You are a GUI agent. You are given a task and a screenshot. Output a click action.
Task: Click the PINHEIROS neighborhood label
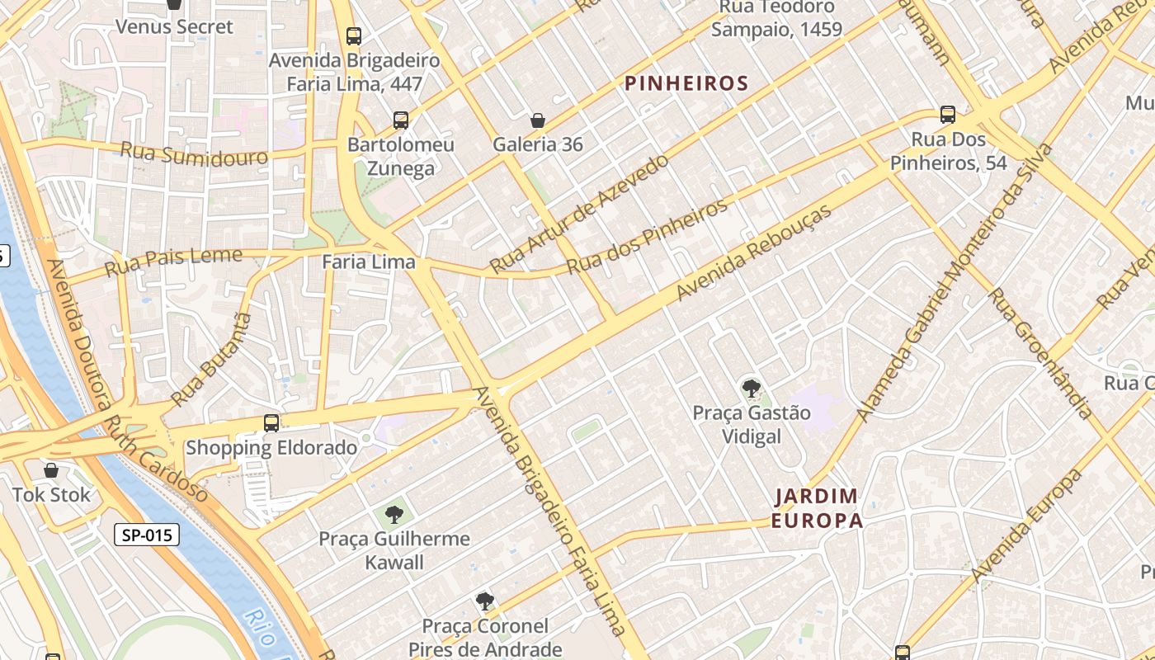coord(686,83)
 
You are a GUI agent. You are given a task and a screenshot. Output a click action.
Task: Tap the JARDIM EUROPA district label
coord(818,508)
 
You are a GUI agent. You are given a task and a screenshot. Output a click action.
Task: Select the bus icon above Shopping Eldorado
coord(271,423)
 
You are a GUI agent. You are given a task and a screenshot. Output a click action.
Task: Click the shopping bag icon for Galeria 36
coord(538,120)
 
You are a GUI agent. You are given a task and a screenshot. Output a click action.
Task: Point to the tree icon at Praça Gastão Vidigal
coord(751,388)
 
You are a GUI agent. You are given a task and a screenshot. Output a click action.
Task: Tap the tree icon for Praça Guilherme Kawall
coord(394,515)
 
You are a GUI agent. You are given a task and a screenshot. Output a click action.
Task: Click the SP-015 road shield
coord(147,535)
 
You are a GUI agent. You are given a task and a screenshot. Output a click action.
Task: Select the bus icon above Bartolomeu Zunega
coord(401,120)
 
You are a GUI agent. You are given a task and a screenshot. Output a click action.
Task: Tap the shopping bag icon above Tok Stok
coord(51,470)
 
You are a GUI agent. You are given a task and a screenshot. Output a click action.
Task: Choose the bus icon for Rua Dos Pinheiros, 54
coord(948,115)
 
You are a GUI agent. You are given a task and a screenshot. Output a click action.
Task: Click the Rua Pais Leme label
coord(174,262)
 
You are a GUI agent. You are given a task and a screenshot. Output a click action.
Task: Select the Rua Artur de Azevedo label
coord(578,213)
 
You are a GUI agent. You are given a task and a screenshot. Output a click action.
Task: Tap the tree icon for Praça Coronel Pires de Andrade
coord(485,601)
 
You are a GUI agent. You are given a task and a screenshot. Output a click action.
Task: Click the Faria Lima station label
coord(368,262)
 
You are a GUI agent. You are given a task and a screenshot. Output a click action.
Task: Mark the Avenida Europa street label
coord(1026,526)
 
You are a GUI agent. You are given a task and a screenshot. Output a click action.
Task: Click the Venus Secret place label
coord(174,26)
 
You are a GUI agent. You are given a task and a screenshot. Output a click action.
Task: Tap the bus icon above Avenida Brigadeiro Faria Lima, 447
coord(354,35)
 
